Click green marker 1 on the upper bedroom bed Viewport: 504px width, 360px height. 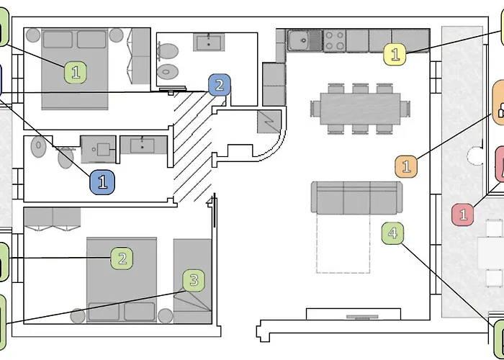(x=76, y=72)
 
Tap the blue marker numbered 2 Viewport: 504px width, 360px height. (x=220, y=86)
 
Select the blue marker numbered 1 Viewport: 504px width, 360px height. (x=102, y=181)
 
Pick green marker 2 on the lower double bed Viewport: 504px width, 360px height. (x=122, y=258)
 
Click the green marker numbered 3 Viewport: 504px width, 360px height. (x=193, y=280)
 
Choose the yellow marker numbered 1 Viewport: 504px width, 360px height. (x=395, y=53)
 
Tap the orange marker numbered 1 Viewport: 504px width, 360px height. (x=406, y=166)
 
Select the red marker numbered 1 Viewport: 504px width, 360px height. (x=463, y=214)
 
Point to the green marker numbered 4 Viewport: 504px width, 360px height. (x=392, y=233)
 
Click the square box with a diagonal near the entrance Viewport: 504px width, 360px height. (x=271, y=120)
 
